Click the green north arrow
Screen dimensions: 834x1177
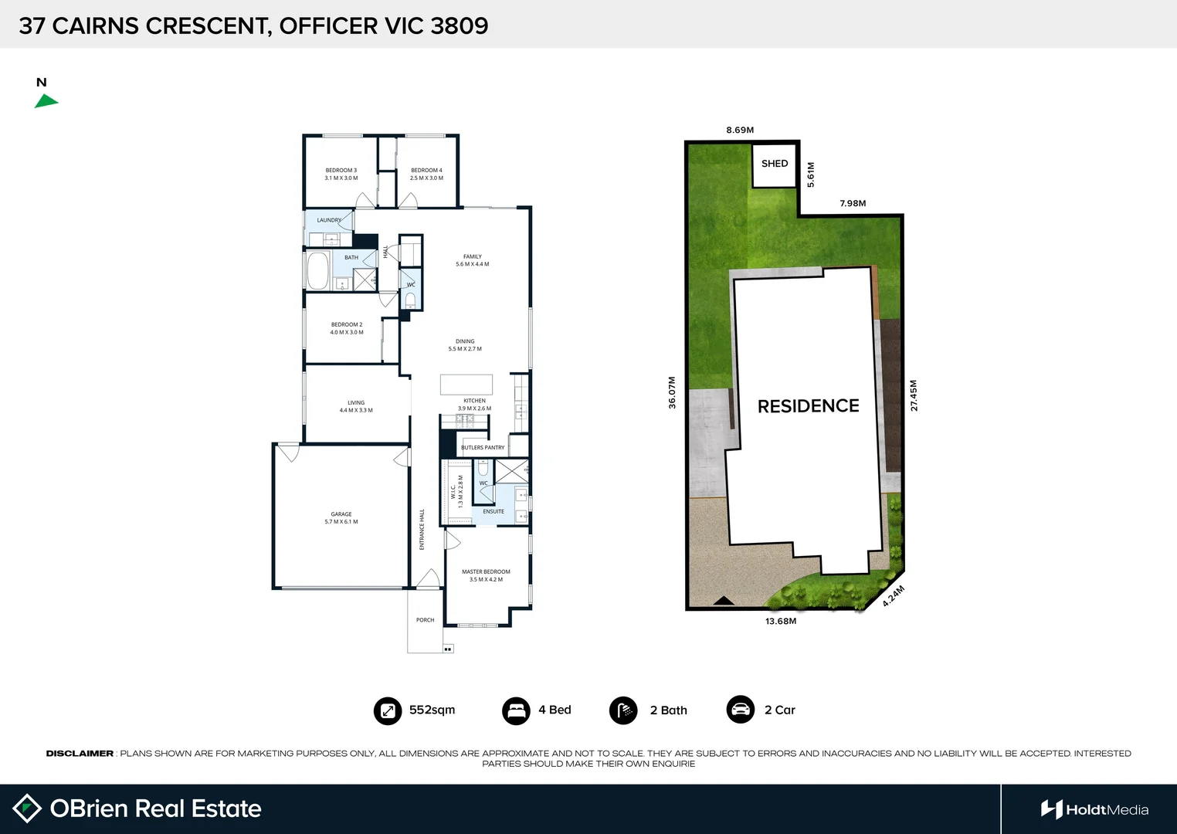pyautogui.click(x=46, y=101)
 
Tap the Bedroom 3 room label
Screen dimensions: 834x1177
pyautogui.click(x=341, y=174)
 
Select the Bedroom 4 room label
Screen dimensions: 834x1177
pyautogui.click(x=426, y=174)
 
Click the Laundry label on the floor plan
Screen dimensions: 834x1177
pyautogui.click(x=329, y=220)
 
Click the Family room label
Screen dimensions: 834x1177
pyautogui.click(x=472, y=260)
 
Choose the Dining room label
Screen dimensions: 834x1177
pyautogui.click(x=465, y=344)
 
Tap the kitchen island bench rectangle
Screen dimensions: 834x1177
pyautogui.click(x=466, y=384)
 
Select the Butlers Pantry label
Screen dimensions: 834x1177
pyautogui.click(x=483, y=447)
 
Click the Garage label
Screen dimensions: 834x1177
pyautogui.click(x=341, y=517)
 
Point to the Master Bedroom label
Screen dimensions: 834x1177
pyautogui.click(x=486, y=575)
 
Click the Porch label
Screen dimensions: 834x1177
pyautogui.click(x=425, y=620)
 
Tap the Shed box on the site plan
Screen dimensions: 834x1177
pyautogui.click(x=775, y=165)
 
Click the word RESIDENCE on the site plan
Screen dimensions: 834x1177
pyautogui.click(x=808, y=406)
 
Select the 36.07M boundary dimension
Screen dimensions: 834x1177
pyautogui.click(x=672, y=392)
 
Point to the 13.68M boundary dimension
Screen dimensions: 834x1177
pyautogui.click(x=781, y=621)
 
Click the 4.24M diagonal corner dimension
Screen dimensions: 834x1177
pyautogui.click(x=893, y=596)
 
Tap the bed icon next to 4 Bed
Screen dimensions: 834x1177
pyautogui.click(x=516, y=710)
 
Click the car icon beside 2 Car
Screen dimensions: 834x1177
pyautogui.click(x=741, y=710)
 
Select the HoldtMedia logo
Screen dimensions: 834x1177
pyautogui.click(x=1094, y=809)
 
